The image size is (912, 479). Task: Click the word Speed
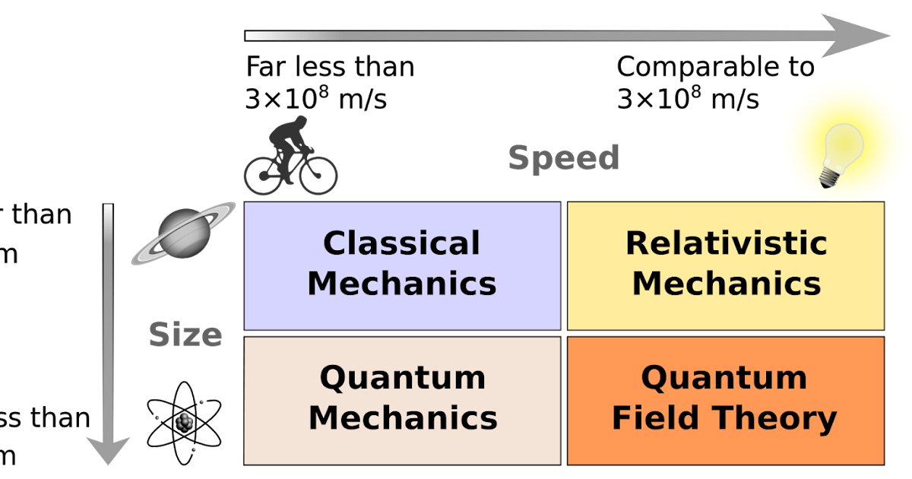[564, 158]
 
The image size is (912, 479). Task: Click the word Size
[185, 335]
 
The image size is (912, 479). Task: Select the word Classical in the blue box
[401, 243]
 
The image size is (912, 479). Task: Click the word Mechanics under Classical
[401, 284]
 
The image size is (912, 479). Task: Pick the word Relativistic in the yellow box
[726, 243]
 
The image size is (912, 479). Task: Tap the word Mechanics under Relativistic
[726, 284]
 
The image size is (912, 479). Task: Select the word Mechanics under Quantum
[403, 417]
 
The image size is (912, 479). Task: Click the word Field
[655, 417]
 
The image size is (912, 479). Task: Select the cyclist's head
[301, 121]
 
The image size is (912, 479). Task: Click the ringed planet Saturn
[182, 233]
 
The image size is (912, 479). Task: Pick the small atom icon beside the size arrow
[185, 420]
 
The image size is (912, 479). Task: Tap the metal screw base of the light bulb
[828, 179]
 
